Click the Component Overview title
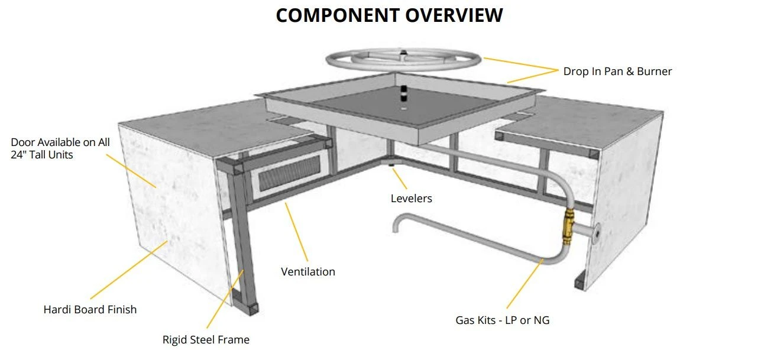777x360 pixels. click(x=389, y=15)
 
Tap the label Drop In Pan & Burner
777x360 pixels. click(x=617, y=72)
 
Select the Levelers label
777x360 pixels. click(x=411, y=199)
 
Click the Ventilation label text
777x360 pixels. click(x=307, y=272)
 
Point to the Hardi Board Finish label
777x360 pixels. click(x=90, y=309)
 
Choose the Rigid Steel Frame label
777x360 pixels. click(x=206, y=340)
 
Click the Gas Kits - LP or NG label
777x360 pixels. click(x=502, y=320)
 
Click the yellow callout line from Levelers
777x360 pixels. click(x=401, y=179)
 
